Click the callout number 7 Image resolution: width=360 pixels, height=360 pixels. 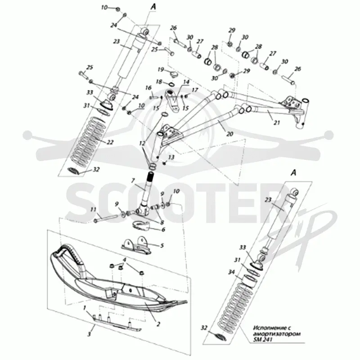[133, 181]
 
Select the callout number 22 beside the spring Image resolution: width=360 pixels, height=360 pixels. [110, 142]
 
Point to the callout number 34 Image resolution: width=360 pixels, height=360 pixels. [232, 272]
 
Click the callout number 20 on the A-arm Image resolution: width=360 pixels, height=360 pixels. [230, 134]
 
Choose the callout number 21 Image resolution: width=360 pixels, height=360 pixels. [277, 122]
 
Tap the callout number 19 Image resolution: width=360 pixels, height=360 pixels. [161, 69]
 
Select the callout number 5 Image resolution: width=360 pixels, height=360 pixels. [162, 246]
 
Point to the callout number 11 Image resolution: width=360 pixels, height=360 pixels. [93, 210]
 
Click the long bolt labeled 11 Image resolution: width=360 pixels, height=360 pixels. [108, 218]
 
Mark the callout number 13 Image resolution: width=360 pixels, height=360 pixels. [171, 157]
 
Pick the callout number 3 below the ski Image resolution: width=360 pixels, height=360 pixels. [89, 334]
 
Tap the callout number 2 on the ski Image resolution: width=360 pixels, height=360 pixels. [158, 324]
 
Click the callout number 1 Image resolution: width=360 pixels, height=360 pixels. [85, 307]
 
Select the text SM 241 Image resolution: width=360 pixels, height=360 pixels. [263, 339]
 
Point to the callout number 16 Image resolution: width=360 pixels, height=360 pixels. [148, 88]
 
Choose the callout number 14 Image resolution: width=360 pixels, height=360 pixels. [186, 82]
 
